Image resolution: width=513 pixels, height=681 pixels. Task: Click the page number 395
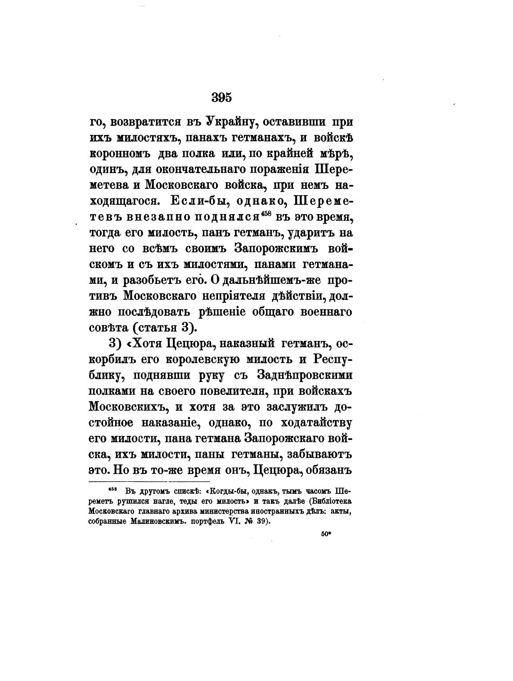(221, 98)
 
